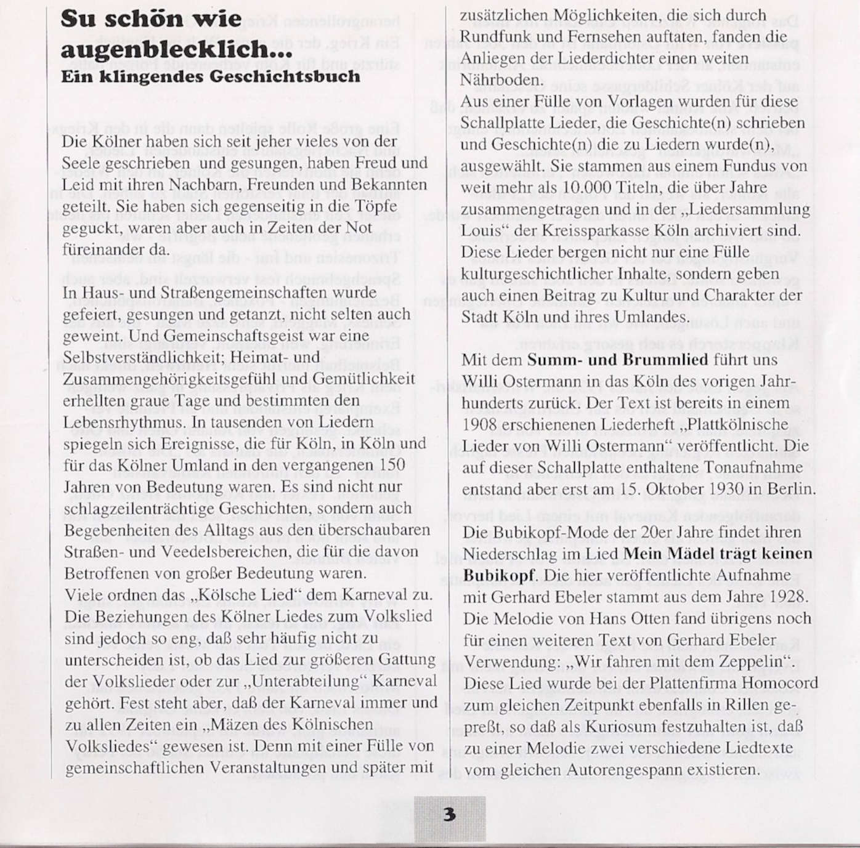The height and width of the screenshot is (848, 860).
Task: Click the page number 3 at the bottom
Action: coord(450,814)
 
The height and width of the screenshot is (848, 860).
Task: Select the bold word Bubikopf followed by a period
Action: coord(497,576)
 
